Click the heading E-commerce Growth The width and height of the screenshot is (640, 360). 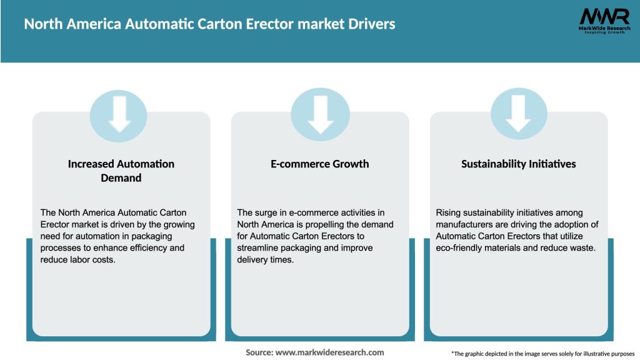320,164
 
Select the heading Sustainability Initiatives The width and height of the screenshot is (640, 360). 519,164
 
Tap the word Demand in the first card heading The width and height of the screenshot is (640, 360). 121,178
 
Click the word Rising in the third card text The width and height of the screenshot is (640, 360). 449,213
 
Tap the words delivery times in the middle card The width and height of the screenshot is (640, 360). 266,259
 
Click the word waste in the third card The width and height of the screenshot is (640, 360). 581,247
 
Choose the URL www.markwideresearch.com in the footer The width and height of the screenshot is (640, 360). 330,352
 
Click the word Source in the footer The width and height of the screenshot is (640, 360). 259,352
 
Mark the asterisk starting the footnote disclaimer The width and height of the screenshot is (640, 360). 452,352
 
